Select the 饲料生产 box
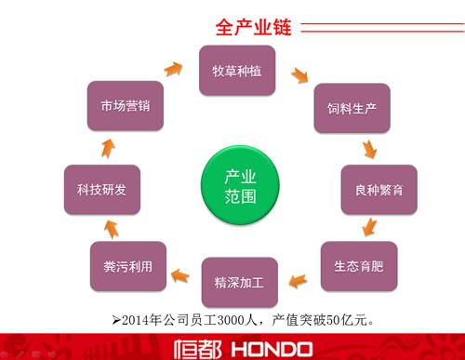click(x=352, y=110)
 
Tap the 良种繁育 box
click(x=379, y=190)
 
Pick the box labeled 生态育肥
click(x=358, y=265)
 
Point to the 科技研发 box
click(x=101, y=190)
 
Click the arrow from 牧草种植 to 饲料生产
click(x=299, y=73)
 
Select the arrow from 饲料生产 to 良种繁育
click(x=370, y=148)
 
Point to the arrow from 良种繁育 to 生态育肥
click(x=371, y=227)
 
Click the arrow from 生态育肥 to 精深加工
click(x=297, y=276)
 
